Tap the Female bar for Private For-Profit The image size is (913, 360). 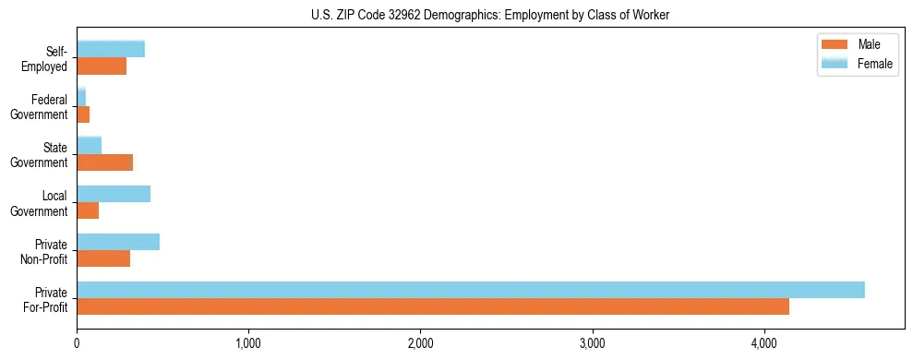click(x=470, y=290)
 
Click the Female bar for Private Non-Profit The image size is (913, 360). click(x=118, y=242)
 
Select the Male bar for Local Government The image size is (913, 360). click(x=88, y=210)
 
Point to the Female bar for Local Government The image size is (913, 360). click(x=114, y=194)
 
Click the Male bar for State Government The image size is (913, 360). click(x=104, y=162)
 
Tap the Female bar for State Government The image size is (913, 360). click(x=89, y=146)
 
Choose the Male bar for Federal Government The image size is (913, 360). click(x=83, y=114)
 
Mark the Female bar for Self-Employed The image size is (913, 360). click(x=111, y=49)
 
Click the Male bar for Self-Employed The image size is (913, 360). click(x=102, y=66)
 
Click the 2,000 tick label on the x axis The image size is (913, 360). click(x=420, y=343)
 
